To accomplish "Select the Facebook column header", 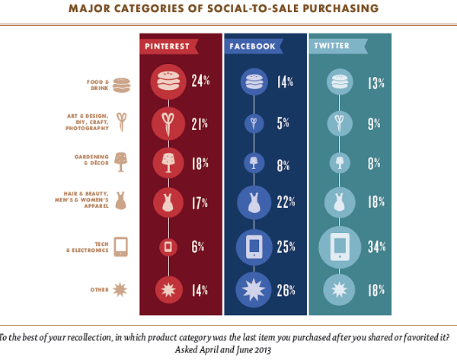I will click(x=251, y=46).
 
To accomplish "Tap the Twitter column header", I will click(x=332, y=46).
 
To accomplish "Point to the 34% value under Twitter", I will click(x=368, y=246).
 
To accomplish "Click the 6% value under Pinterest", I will click(x=197, y=246).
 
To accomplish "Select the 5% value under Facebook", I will click(x=281, y=122).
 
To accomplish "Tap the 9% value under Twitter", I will click(x=366, y=122).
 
